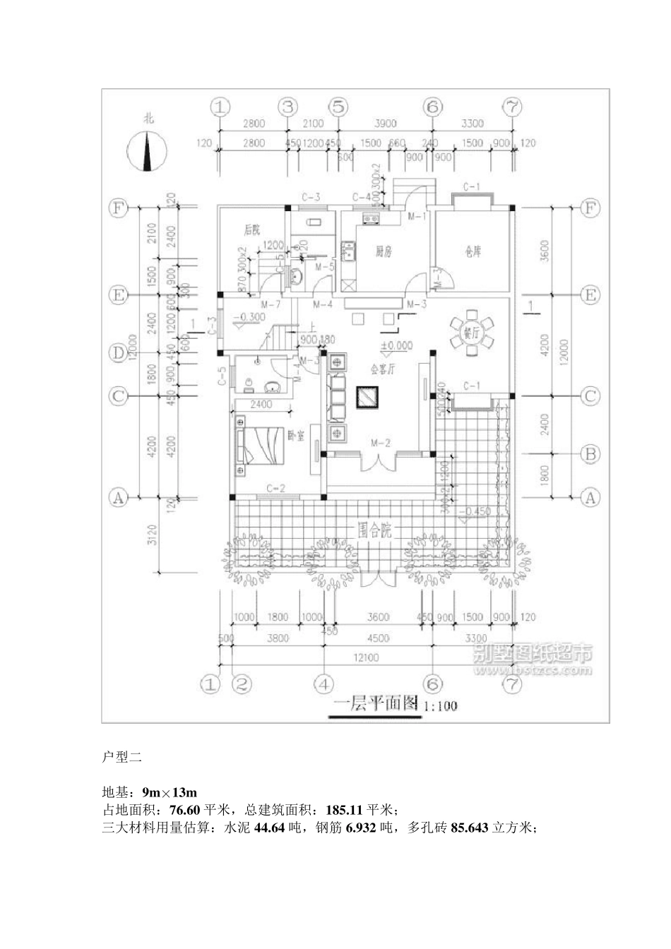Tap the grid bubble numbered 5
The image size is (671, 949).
coord(339,107)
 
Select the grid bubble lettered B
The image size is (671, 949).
coord(590,454)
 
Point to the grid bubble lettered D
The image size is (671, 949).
coord(117,352)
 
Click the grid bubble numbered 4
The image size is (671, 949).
coord(323,684)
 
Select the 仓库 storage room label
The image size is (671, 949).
coord(473,251)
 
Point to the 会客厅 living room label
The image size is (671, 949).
coord(382,368)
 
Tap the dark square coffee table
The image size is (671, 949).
coord(369,399)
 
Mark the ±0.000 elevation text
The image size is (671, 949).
coord(396,346)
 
